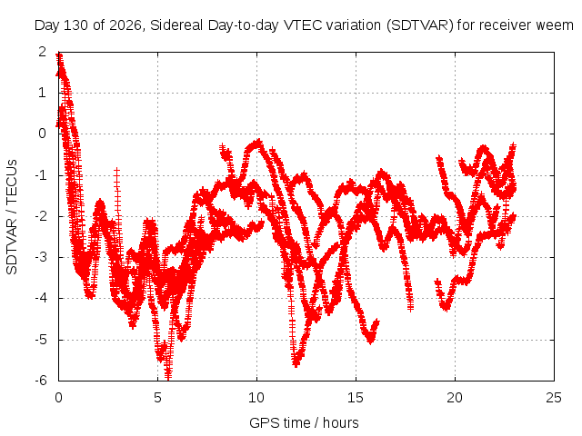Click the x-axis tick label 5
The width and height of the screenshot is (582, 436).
(157, 398)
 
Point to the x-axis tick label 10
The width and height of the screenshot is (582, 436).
(256, 398)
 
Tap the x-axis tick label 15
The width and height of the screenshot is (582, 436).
(356, 398)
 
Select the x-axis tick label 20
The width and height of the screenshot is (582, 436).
(455, 398)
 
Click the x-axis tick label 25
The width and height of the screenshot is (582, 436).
(554, 398)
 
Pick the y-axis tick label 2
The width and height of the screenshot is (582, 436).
(43, 52)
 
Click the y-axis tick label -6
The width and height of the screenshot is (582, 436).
(40, 381)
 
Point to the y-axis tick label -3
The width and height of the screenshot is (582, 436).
(40, 257)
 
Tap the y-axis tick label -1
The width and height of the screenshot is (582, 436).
(40, 174)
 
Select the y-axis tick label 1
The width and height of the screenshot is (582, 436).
(43, 93)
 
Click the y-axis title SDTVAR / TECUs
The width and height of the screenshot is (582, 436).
(12, 217)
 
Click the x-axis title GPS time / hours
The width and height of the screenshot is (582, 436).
(304, 422)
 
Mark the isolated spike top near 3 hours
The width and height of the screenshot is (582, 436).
(117, 170)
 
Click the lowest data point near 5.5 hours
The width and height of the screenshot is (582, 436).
(168, 378)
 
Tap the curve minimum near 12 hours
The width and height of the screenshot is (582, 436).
(296, 364)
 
